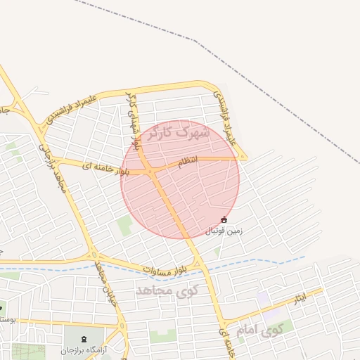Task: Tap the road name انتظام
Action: coord(188,162)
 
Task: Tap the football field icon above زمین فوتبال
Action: coord(224,220)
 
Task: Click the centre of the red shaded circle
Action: coord(180,179)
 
